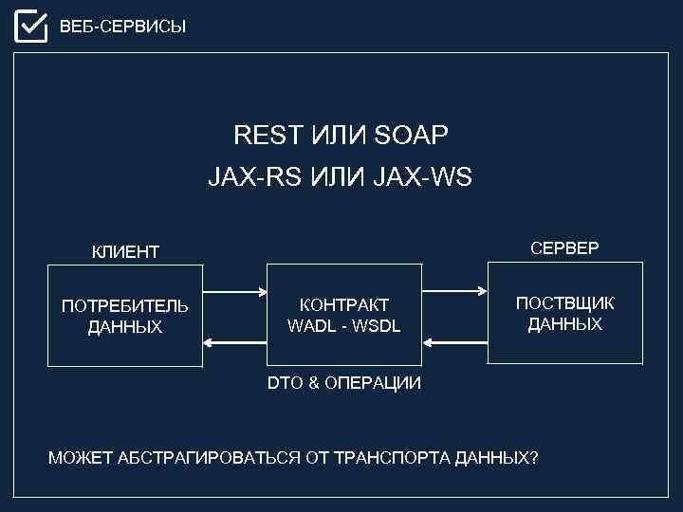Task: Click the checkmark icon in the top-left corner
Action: [30, 26]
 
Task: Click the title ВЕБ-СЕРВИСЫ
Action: [123, 27]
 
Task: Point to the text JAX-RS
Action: [243, 177]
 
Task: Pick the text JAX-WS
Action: [432, 177]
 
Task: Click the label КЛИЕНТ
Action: [125, 252]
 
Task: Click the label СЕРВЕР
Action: [565, 248]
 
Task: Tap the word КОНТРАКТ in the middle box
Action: [343, 305]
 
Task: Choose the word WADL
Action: [307, 326]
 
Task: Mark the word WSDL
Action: [378, 326]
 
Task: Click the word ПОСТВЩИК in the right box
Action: [565, 303]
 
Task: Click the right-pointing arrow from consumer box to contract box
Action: [232, 289]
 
